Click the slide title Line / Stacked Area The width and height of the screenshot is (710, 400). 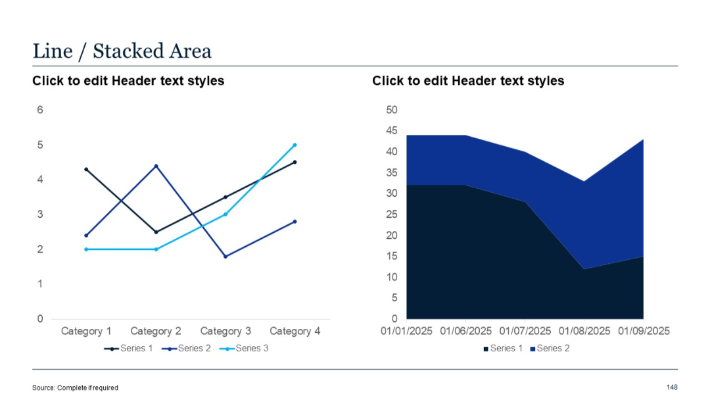coord(122,51)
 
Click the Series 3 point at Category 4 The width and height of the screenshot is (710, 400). coord(295,145)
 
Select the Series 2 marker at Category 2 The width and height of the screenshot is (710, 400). coord(156,166)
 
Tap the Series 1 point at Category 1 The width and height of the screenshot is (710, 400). coord(86,169)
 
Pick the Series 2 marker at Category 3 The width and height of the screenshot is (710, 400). coord(225,257)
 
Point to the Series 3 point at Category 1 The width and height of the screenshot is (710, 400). coord(86,249)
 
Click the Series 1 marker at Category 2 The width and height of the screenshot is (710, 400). coord(156,232)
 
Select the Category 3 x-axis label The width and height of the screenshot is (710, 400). coord(225,331)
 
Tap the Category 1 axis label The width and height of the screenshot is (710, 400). coord(86,331)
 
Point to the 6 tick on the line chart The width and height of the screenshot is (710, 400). coord(40,110)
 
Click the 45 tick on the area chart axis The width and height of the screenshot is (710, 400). coord(392,131)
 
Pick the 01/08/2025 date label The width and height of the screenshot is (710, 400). coord(584,331)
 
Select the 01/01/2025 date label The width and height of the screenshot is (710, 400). coord(407,331)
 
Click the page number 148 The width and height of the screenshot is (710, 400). coord(671,387)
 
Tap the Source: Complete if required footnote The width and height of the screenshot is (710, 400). coord(76,387)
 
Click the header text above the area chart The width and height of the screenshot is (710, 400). coord(468,81)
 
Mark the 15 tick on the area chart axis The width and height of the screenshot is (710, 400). coord(392,257)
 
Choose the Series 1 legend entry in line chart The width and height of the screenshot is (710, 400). coord(130,348)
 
